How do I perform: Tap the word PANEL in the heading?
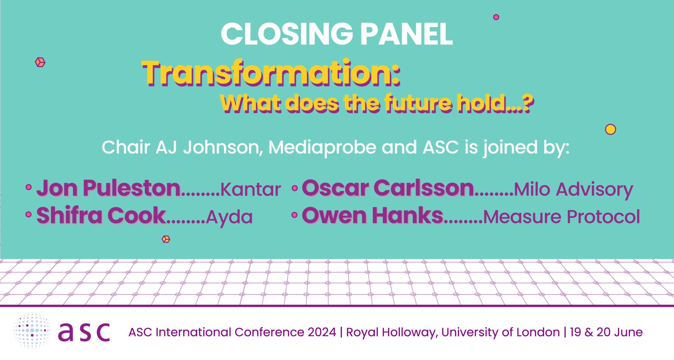click(x=407, y=34)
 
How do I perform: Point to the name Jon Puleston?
click(x=109, y=188)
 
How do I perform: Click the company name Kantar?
click(x=250, y=190)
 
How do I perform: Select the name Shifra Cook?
click(x=101, y=216)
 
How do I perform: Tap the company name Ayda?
click(x=229, y=217)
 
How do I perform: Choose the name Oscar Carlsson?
click(x=388, y=188)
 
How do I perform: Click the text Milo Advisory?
click(x=573, y=190)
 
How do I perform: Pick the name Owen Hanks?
click(x=373, y=216)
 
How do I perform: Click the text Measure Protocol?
click(x=561, y=217)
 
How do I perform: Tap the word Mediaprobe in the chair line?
click(x=322, y=147)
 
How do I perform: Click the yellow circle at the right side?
click(x=610, y=129)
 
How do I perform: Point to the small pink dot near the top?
click(x=496, y=17)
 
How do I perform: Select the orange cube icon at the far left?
click(x=40, y=62)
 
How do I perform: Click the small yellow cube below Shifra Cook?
click(x=166, y=239)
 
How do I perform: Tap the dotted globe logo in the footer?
click(x=32, y=330)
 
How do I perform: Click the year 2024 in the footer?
click(x=322, y=332)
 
